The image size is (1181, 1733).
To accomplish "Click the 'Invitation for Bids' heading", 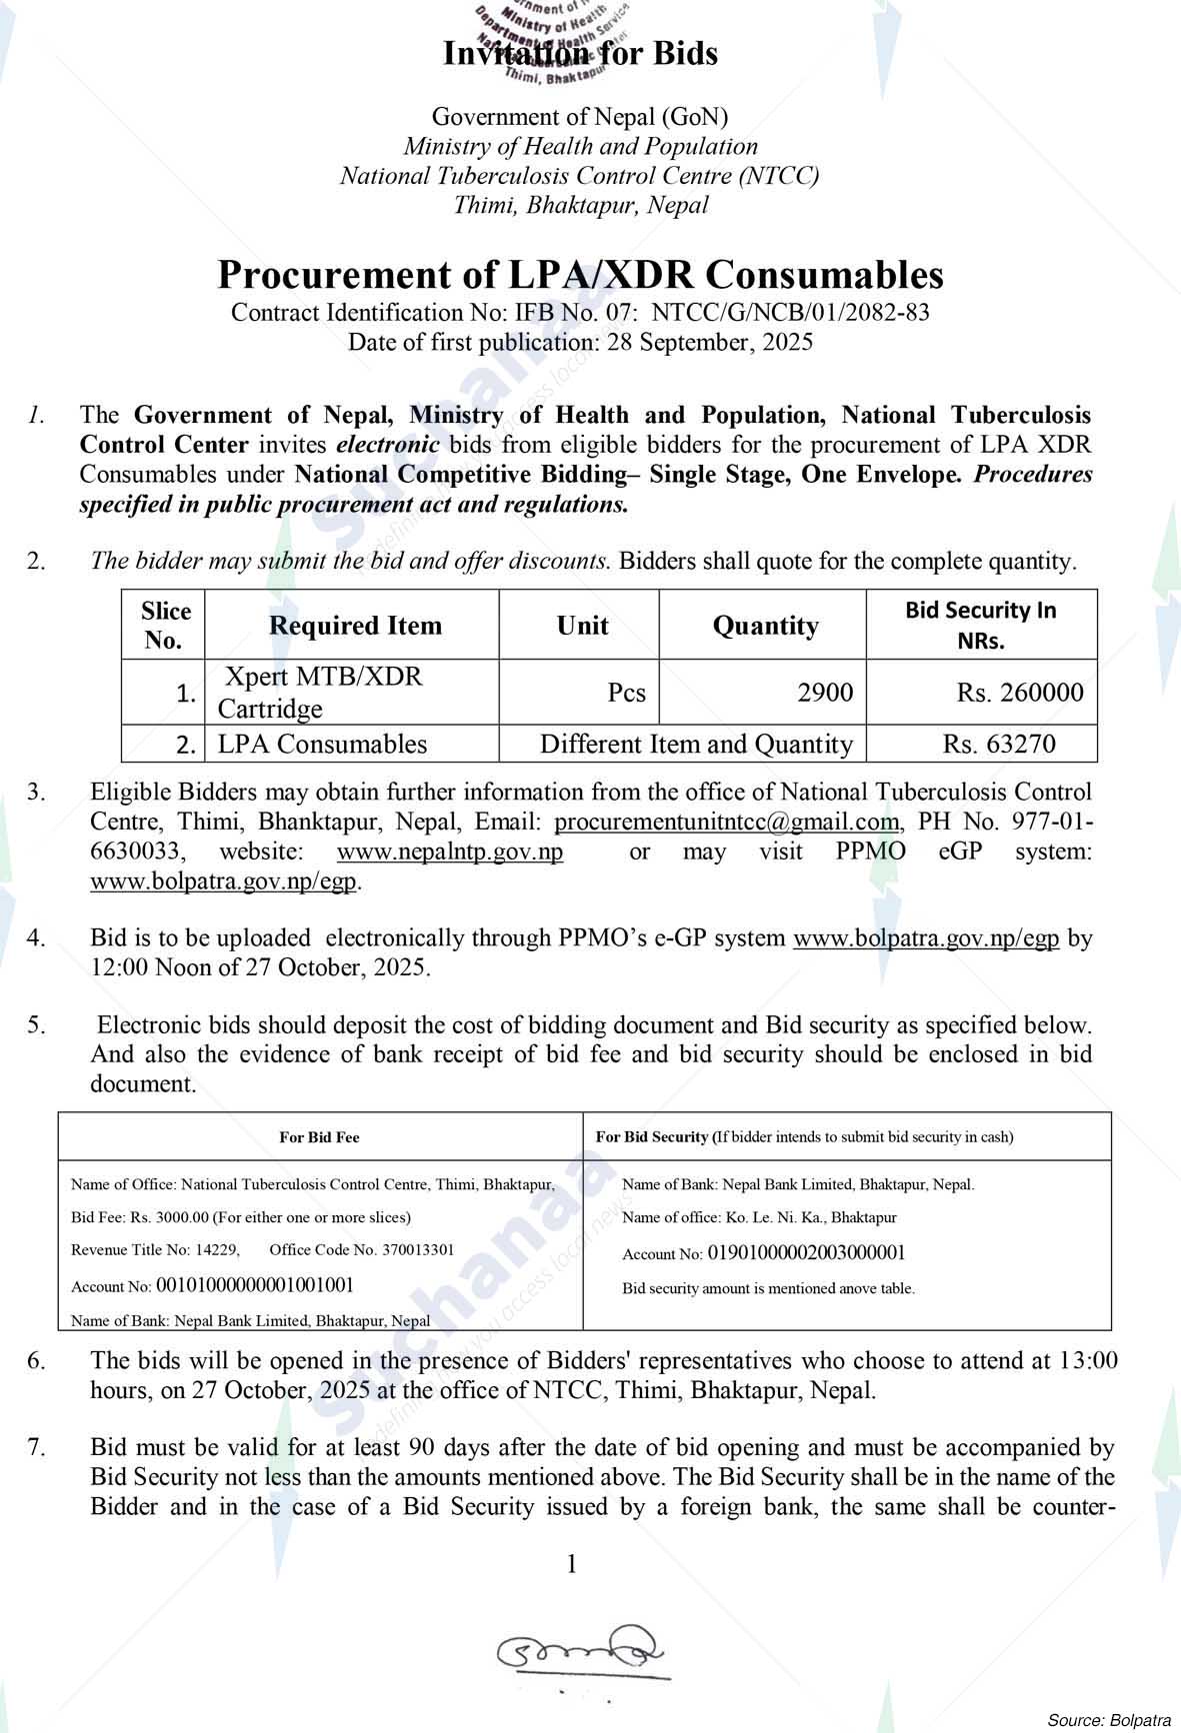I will (x=580, y=53).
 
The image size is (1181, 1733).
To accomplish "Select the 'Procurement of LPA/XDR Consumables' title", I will (x=580, y=275).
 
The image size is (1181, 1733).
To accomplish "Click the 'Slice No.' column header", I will (x=163, y=626).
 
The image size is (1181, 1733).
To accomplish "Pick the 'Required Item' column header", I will (x=355, y=626).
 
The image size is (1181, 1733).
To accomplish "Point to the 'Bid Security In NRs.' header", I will (x=980, y=626).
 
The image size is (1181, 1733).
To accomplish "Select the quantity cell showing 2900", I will (x=825, y=693).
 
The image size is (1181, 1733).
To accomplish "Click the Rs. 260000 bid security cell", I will (x=1019, y=693).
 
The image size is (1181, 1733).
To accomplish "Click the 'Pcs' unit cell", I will (x=627, y=693).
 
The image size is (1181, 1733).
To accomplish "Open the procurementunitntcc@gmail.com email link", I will (x=727, y=823).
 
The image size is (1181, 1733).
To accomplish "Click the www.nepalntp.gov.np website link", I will (x=450, y=853).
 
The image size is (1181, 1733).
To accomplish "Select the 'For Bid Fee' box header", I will (x=319, y=1137).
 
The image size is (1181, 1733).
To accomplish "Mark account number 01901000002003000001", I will (x=806, y=1253).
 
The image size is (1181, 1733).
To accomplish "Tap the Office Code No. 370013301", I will (x=362, y=1249).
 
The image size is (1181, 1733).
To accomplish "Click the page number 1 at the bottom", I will (x=572, y=1564).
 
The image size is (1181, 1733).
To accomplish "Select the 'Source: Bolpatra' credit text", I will (x=1108, y=1720).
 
